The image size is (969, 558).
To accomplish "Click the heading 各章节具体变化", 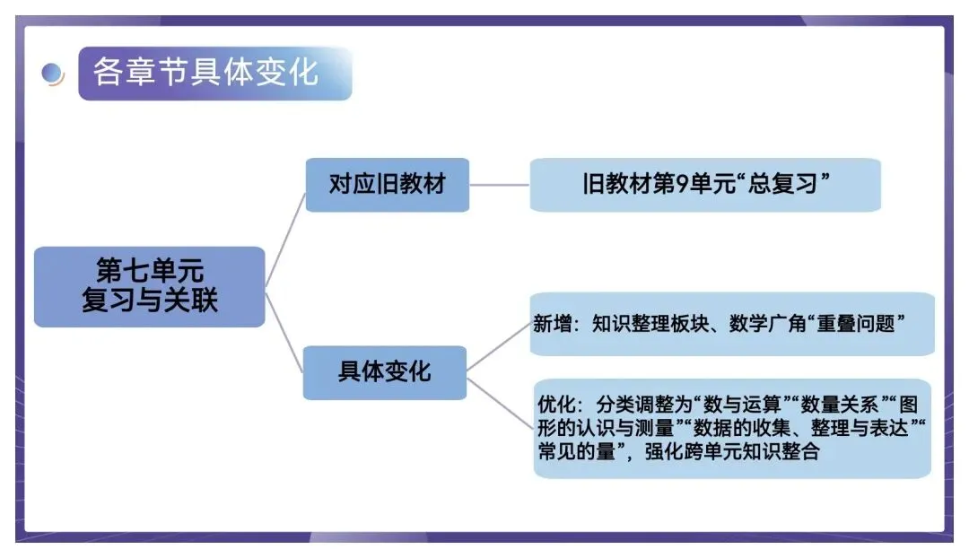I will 206,72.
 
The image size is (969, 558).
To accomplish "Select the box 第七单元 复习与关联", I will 150,286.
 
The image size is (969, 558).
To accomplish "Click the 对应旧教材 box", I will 387,185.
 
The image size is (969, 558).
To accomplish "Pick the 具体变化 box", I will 385,371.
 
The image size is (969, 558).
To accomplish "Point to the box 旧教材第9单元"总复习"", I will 705,185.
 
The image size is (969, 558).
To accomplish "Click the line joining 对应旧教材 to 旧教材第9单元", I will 499,186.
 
